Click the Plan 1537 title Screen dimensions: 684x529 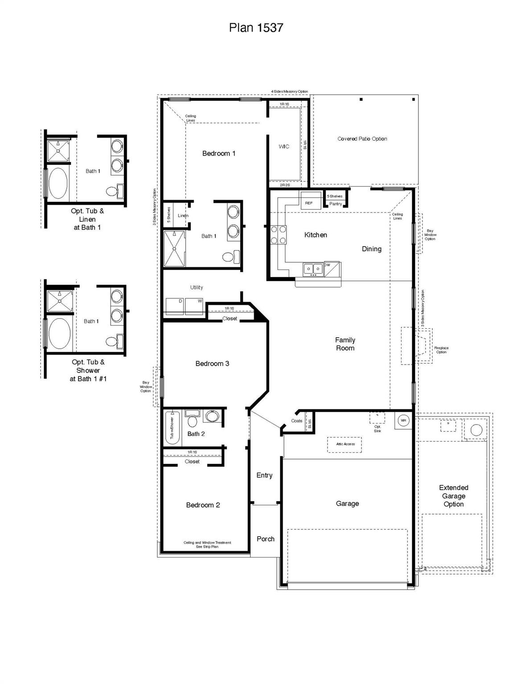[256, 28]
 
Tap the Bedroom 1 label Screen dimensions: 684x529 [218, 154]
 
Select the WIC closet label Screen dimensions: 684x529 [284, 147]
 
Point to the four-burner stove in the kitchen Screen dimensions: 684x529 [279, 235]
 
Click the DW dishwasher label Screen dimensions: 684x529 [328, 265]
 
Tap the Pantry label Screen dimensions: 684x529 [336, 204]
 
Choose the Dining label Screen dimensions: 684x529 [371, 249]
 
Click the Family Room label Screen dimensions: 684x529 [345, 344]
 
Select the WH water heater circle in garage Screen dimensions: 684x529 [403, 420]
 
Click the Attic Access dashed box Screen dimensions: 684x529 [345, 444]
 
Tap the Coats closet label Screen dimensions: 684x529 [296, 421]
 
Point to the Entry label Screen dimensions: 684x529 [264, 475]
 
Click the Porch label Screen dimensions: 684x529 [265, 539]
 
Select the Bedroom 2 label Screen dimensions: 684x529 [203, 505]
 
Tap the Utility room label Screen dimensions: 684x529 [197, 287]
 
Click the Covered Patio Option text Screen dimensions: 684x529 [362, 139]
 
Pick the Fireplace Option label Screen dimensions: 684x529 [441, 350]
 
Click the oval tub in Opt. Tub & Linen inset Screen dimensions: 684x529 [58, 183]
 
